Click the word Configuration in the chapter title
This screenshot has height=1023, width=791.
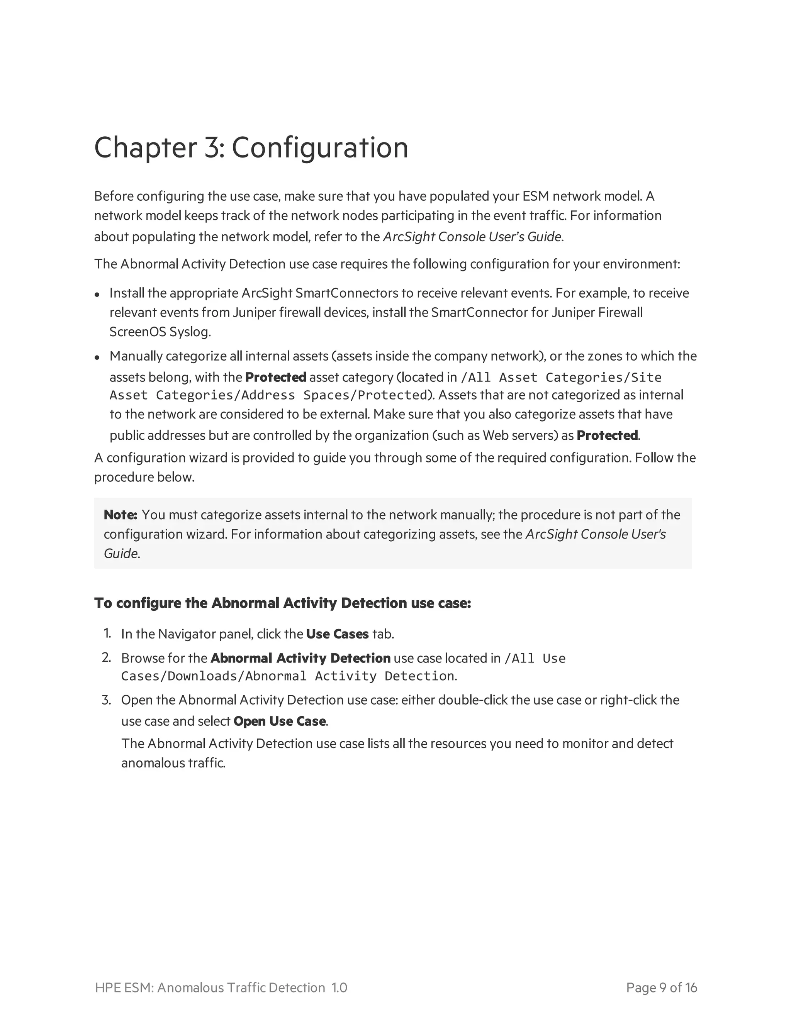(320, 148)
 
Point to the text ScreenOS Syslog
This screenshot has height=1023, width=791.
(160, 332)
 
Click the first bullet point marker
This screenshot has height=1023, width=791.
(97, 295)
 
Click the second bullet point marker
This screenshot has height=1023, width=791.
(97, 357)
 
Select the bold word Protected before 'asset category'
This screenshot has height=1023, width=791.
(275, 377)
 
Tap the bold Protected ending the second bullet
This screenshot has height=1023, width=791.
(607, 435)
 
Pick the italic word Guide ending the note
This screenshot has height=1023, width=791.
(121, 554)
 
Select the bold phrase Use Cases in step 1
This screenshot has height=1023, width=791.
(338, 634)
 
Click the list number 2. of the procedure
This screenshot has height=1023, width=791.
(107, 658)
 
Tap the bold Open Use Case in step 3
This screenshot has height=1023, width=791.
(279, 722)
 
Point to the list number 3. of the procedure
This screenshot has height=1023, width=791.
(107, 700)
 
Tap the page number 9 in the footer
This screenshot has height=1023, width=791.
(663, 988)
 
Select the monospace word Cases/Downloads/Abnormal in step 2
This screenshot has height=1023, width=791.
(213, 676)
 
